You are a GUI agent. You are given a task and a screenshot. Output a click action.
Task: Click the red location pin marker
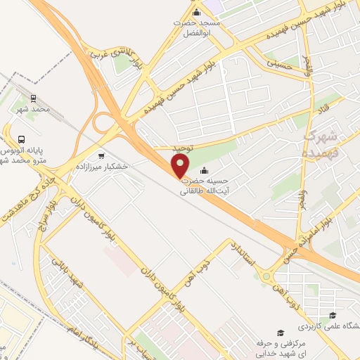[181, 166]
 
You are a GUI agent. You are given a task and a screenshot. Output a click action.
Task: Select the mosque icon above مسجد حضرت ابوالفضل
[196, 12]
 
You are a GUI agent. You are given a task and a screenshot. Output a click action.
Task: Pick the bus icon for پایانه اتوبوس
[22, 139]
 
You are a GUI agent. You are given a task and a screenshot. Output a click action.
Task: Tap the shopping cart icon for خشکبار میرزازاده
[102, 156]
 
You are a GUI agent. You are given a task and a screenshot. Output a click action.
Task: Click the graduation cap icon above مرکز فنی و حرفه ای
[280, 331]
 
